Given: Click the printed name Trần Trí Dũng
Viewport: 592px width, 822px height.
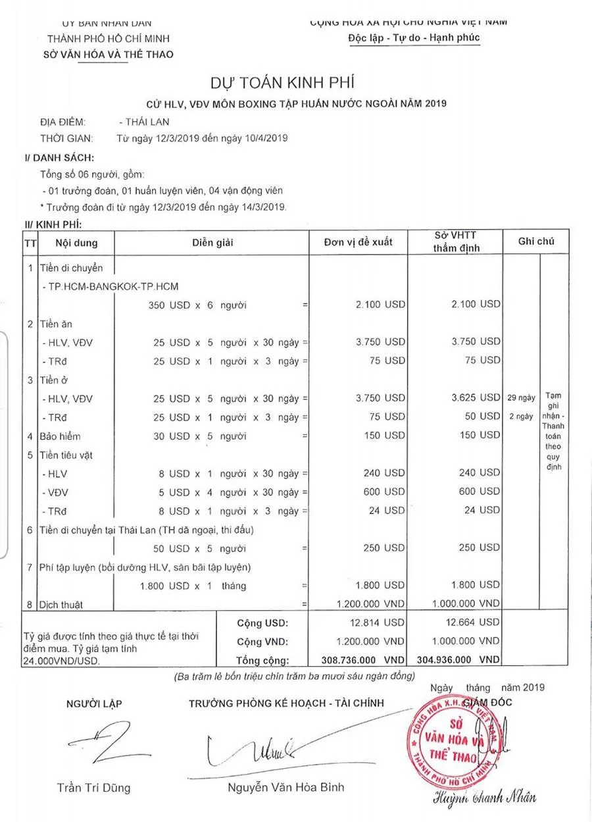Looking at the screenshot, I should click(x=93, y=788).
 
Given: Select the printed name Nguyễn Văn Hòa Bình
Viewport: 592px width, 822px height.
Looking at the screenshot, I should click(x=285, y=787).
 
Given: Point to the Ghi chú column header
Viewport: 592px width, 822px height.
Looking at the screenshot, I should click(x=535, y=242).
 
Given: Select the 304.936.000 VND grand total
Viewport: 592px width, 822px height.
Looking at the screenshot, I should click(x=458, y=659).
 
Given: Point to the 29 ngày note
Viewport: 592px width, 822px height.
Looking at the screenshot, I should click(x=522, y=398).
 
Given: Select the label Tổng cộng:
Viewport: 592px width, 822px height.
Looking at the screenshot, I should click(x=262, y=660).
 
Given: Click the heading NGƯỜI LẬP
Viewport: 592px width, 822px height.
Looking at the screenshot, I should click(x=94, y=704).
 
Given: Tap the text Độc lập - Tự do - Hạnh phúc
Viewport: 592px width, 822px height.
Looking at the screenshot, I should click(x=414, y=38).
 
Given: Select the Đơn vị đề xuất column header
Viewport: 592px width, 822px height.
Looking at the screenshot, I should click(x=358, y=242).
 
